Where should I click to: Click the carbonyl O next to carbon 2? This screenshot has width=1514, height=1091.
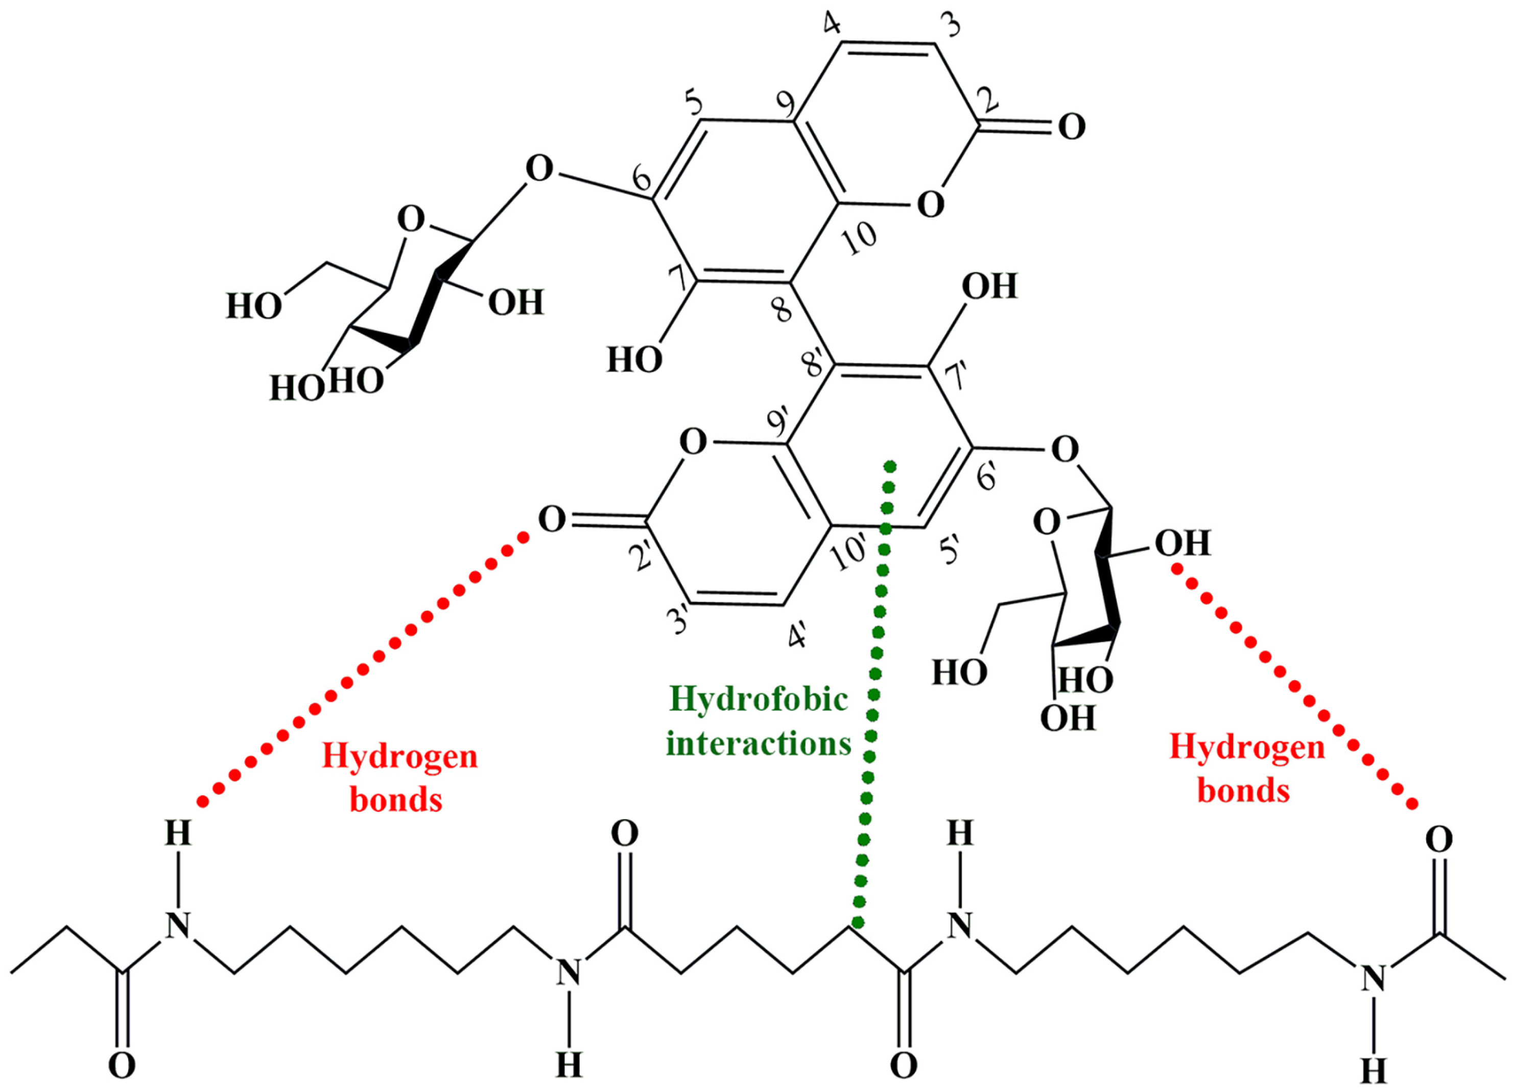[x=1072, y=127]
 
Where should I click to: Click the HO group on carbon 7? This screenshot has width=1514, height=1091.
[x=634, y=361]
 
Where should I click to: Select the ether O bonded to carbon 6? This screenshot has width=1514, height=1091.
[x=539, y=170]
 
